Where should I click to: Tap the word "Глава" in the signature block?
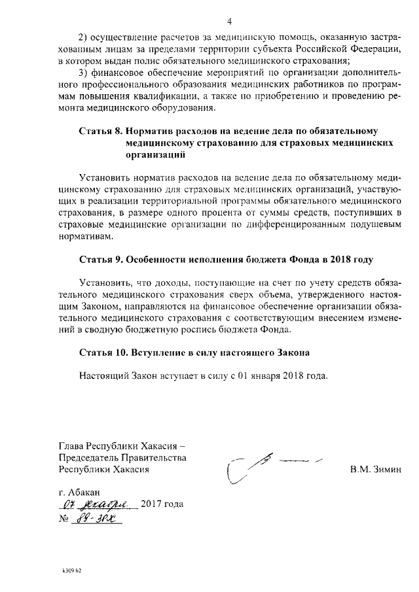click(x=72, y=445)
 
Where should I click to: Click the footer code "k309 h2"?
click(x=71, y=570)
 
